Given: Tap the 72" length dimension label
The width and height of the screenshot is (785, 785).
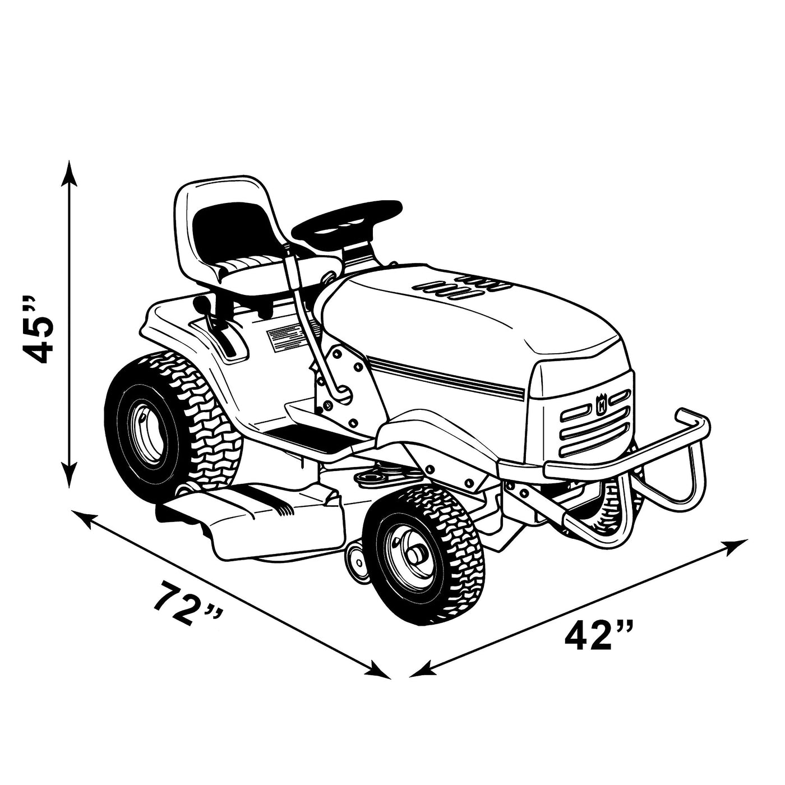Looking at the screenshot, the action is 188,604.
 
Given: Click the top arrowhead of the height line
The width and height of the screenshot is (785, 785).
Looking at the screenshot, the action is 68,174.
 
